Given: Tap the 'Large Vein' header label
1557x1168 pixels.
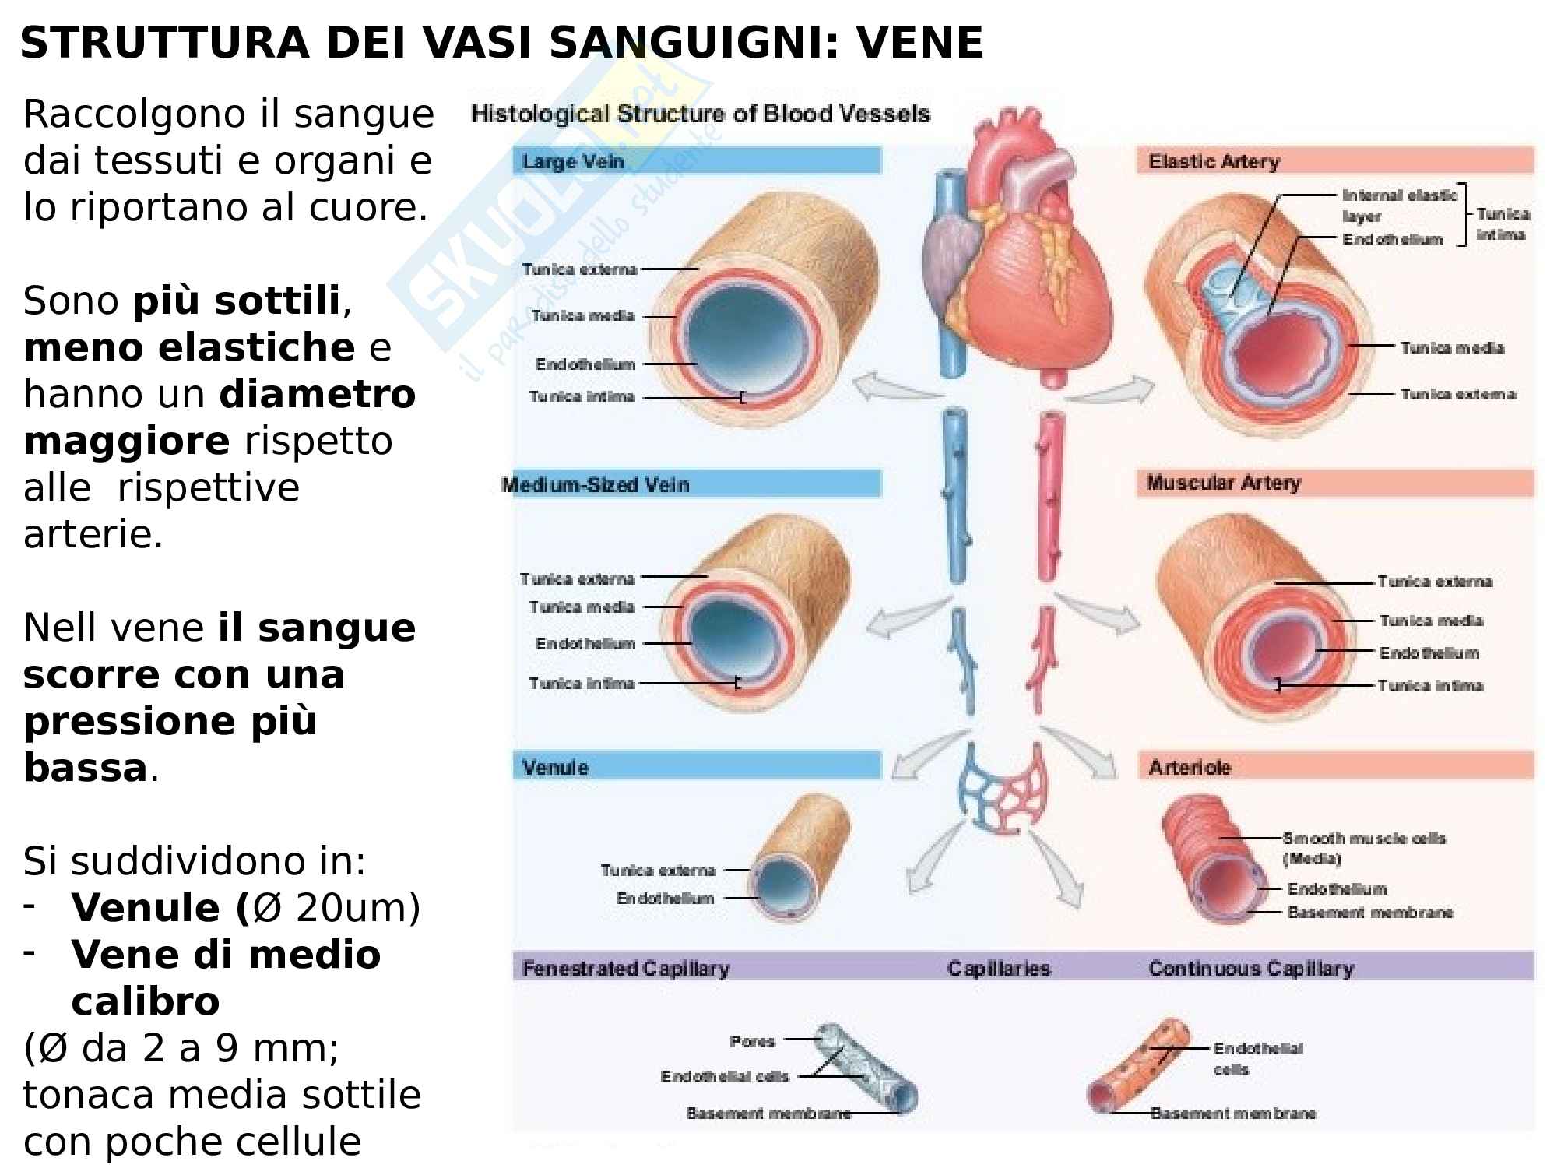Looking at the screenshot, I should pyautogui.click(x=573, y=161).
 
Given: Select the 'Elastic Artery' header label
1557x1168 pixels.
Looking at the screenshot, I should pyautogui.click(x=1214, y=161).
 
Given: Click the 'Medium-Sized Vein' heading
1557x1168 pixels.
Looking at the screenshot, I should pyautogui.click(x=596, y=484).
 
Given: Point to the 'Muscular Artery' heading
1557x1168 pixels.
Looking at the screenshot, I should pyautogui.click(x=1223, y=483).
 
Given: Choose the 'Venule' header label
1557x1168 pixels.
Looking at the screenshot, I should pyautogui.click(x=555, y=767).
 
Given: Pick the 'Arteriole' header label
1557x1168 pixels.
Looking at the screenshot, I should pyautogui.click(x=1190, y=767).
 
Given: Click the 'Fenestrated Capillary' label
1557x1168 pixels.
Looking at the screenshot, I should pyautogui.click(x=626, y=968).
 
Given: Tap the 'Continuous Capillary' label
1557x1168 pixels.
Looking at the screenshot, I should pyautogui.click(x=1251, y=968).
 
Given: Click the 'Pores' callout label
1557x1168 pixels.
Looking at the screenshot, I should pyautogui.click(x=752, y=1041).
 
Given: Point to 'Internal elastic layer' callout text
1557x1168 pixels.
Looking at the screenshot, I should pyautogui.click(x=1398, y=206).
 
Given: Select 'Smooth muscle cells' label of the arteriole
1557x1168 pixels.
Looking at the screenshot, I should pyautogui.click(x=1364, y=839).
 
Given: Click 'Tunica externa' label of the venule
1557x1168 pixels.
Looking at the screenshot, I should pyautogui.click(x=658, y=870).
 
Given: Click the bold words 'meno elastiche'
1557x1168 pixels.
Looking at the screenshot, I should pyautogui.click(x=189, y=347).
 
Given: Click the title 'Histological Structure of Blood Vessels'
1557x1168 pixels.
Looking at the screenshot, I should pyautogui.click(x=701, y=114).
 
